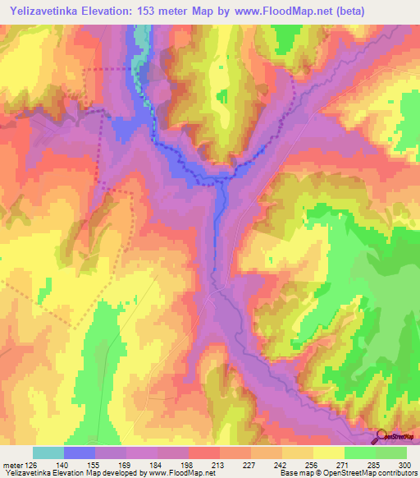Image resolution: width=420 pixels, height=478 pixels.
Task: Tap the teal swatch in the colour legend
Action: click(x=48, y=453)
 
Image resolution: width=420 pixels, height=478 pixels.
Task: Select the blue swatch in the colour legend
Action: click(x=80, y=453)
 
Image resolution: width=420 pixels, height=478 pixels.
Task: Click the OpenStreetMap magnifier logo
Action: click(x=381, y=437)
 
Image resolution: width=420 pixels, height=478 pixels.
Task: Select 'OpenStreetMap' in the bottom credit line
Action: click(x=339, y=473)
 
